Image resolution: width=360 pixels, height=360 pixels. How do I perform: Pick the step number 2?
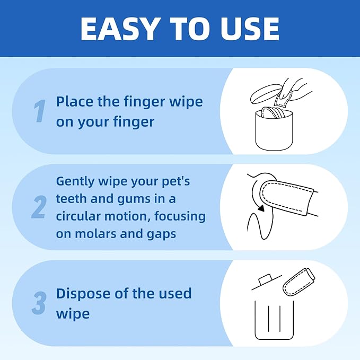pyautogui.click(x=39, y=207)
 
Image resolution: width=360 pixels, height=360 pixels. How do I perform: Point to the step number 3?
pyautogui.click(x=39, y=303)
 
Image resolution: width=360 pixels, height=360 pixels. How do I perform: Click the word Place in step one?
pyautogui.click(x=74, y=101)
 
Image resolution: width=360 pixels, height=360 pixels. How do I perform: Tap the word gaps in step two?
pyautogui.click(x=160, y=234)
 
